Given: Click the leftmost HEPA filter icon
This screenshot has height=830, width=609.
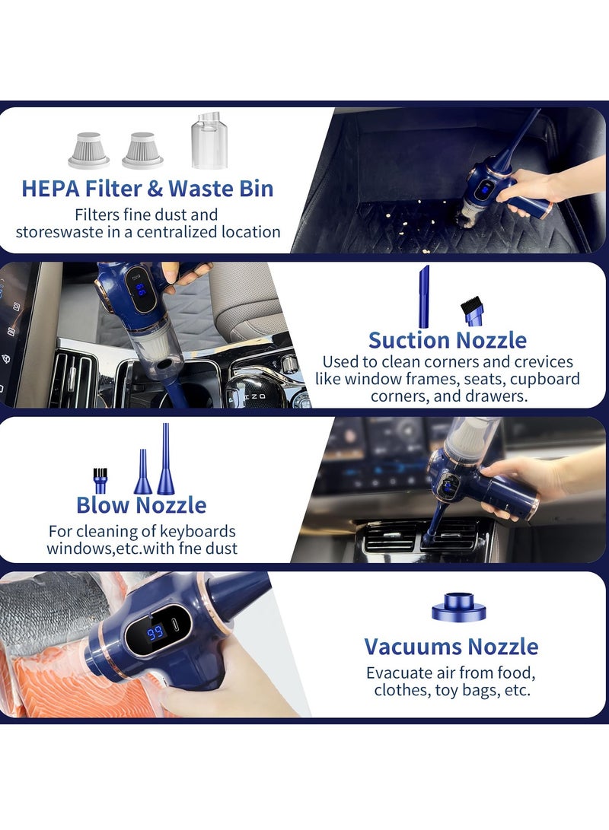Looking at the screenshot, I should pos(88,149).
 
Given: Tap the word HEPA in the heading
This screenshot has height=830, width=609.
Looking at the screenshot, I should pos(53,188).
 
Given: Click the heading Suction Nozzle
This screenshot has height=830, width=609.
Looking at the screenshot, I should pos(447,339).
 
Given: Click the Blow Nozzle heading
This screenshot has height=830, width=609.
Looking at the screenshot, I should pos(141,504).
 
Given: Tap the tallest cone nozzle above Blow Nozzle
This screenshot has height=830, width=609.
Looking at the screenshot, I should pos(165,460).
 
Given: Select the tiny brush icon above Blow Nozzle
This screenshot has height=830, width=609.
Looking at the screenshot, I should pos(100,481).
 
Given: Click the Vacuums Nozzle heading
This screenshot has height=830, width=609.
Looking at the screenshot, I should pos(451,647).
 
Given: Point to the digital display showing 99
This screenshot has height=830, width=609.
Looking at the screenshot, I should pos(156,633).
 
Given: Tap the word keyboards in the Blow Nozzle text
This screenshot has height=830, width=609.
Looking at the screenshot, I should pos(196,531).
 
